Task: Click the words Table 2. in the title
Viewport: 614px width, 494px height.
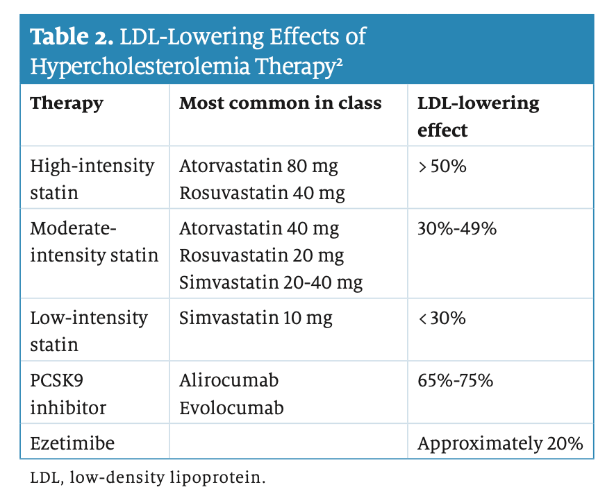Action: click(x=70, y=37)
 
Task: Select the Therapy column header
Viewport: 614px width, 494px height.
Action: click(x=67, y=103)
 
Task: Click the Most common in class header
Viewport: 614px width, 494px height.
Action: click(x=281, y=103)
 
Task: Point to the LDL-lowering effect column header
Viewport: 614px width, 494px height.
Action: click(x=478, y=116)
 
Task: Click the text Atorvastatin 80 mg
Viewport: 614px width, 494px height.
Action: click(x=259, y=167)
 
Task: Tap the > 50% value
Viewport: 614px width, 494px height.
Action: click(x=442, y=167)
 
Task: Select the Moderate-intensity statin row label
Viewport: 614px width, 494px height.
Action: click(x=94, y=241)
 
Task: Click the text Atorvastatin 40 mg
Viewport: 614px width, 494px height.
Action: click(x=259, y=228)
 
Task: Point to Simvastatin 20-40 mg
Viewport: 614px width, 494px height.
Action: click(x=271, y=282)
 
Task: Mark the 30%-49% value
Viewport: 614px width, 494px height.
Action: click(x=457, y=228)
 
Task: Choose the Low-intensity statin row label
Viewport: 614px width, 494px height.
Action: click(x=89, y=331)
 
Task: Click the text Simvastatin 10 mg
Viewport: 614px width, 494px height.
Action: click(x=256, y=318)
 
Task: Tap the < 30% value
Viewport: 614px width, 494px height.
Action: click(x=442, y=318)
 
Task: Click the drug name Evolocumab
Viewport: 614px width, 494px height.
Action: click(x=231, y=407)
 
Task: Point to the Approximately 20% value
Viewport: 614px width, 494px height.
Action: click(x=500, y=443)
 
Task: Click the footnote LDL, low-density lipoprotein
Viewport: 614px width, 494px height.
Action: click(x=148, y=478)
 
